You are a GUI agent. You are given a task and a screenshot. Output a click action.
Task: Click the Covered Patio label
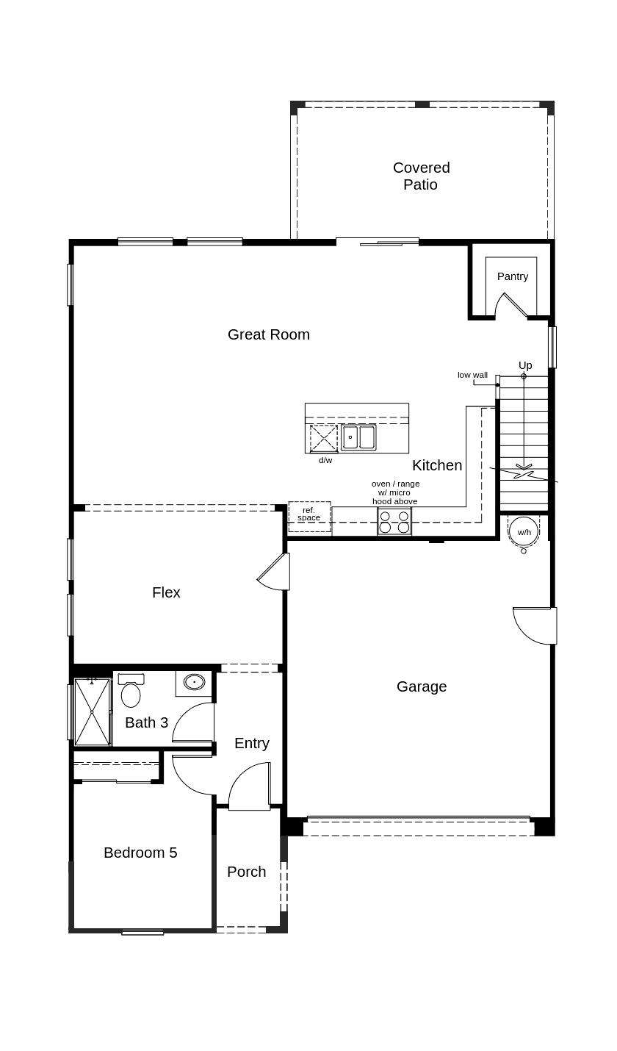[421, 176]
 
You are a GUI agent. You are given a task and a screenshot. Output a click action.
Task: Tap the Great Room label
[268, 334]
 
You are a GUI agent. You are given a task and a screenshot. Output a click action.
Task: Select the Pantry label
[512, 276]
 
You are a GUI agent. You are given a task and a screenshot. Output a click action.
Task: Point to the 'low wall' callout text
[472, 375]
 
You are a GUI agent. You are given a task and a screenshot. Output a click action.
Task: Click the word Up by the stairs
[524, 365]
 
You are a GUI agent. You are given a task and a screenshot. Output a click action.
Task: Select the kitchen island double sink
[358, 437]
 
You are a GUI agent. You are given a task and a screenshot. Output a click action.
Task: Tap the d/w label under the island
[325, 460]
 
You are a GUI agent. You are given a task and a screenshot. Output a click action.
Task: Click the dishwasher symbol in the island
[323, 438]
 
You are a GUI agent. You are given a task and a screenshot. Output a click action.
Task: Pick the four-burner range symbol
[394, 522]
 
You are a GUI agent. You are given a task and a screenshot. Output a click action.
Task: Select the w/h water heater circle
[523, 531]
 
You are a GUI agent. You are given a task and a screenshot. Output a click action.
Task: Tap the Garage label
[421, 686]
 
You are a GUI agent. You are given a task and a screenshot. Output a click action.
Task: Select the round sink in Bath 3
[194, 682]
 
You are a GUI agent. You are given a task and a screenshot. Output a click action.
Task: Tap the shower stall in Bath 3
[92, 711]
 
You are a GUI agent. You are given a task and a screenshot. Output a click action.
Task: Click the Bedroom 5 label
[140, 853]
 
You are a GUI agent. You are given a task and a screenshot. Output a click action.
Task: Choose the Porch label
[246, 872]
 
